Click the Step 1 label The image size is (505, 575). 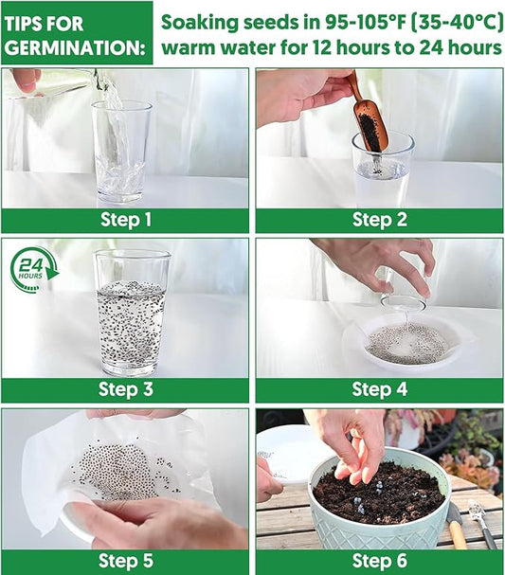pos(125,220)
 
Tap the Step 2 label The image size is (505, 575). pos(380,220)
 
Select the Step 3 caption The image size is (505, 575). pos(125,389)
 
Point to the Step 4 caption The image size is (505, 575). pos(380,389)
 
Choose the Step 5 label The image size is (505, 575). pos(125,561)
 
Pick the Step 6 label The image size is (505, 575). pos(380,561)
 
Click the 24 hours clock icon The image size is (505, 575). pos(34,270)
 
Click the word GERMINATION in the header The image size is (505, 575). pos(75,48)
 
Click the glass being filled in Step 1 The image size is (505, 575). pos(122,152)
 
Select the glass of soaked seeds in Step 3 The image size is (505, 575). pos(132,313)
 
